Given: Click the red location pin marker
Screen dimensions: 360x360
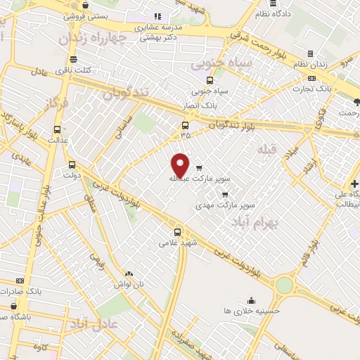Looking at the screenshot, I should pos(181,165).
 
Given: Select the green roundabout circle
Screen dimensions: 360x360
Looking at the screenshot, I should pos(284,285).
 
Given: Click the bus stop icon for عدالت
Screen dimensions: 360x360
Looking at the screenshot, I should pos(57,129).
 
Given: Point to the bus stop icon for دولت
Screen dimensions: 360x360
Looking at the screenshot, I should pos(71,166).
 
